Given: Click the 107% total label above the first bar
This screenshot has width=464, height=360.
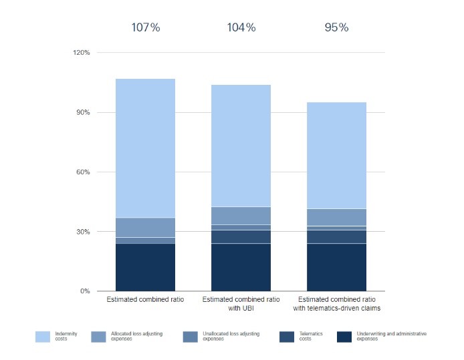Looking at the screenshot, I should [146, 27].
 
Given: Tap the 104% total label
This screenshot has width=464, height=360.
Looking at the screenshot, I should [241, 27].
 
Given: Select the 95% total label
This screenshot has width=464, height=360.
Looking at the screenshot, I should [336, 27].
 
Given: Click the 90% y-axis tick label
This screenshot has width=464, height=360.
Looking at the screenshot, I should [83, 112].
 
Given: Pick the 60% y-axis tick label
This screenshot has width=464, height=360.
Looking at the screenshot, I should [83, 172].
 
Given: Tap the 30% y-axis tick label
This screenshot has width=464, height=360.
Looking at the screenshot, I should [83, 232].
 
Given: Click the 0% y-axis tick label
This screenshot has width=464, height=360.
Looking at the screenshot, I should [85, 291].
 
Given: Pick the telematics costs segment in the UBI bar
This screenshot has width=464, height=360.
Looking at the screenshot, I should [241, 236].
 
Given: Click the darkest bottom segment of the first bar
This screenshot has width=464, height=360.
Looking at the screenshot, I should [146, 267].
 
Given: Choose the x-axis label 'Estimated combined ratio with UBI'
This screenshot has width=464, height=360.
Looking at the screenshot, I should [241, 304].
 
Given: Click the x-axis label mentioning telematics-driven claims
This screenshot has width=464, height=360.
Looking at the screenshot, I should [336, 304].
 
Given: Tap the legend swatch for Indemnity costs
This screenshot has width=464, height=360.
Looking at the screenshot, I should [42, 336].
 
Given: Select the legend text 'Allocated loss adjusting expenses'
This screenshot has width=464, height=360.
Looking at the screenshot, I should [130, 336].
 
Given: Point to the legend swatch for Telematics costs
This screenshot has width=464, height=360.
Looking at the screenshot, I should [286, 336].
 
